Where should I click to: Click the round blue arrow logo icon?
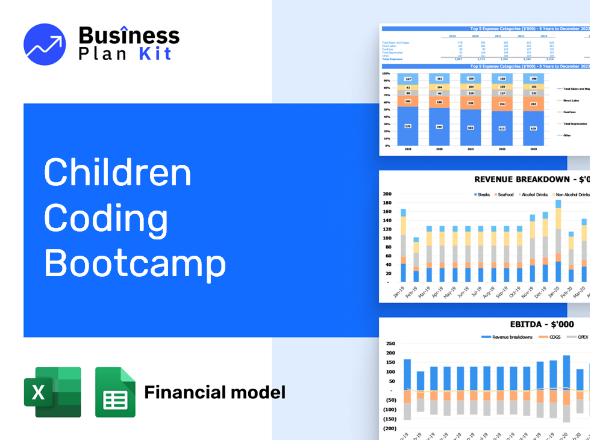(x=45, y=45)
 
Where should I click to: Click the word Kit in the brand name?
(x=155, y=54)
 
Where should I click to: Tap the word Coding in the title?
(x=106, y=217)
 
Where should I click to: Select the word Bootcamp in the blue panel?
(x=135, y=262)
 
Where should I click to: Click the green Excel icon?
(x=52, y=392)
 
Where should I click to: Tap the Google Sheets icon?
(x=115, y=392)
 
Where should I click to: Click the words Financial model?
(x=214, y=393)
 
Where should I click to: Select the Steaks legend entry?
(x=483, y=195)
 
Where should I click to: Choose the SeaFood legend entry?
(x=503, y=195)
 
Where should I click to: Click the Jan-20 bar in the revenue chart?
(x=558, y=241)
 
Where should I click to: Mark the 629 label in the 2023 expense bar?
(x=533, y=128)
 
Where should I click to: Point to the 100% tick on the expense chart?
(x=386, y=73)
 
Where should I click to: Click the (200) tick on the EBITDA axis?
(x=389, y=428)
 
